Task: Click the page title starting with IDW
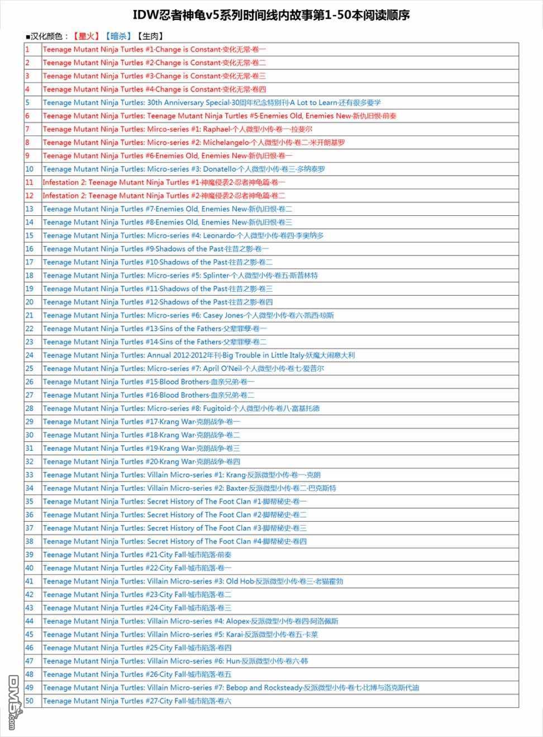pyautogui.click(x=271, y=15)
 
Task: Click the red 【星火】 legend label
pyautogui.click(x=85, y=36)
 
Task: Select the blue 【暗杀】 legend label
pyautogui.click(x=118, y=36)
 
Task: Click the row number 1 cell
pyautogui.click(x=32, y=49)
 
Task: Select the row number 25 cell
pyautogui.click(x=32, y=368)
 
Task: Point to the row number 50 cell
pyautogui.click(x=32, y=701)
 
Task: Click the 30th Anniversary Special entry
pyautogui.click(x=212, y=103)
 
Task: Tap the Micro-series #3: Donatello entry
pyautogui.click(x=184, y=169)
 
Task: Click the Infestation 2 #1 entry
pyautogui.click(x=164, y=182)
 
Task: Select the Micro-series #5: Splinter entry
pyautogui.click(x=180, y=276)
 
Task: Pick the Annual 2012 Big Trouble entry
pyautogui.click(x=198, y=355)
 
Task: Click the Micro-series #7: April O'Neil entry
pyautogui.click(x=183, y=368)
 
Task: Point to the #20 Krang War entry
pyautogui.click(x=141, y=462)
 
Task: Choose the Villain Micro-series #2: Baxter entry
pyautogui.click(x=189, y=488)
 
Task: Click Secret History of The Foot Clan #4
pyautogui.click(x=174, y=541)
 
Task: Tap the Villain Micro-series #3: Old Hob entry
pyautogui.click(x=193, y=581)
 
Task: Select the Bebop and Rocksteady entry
pyautogui.click(x=231, y=688)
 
